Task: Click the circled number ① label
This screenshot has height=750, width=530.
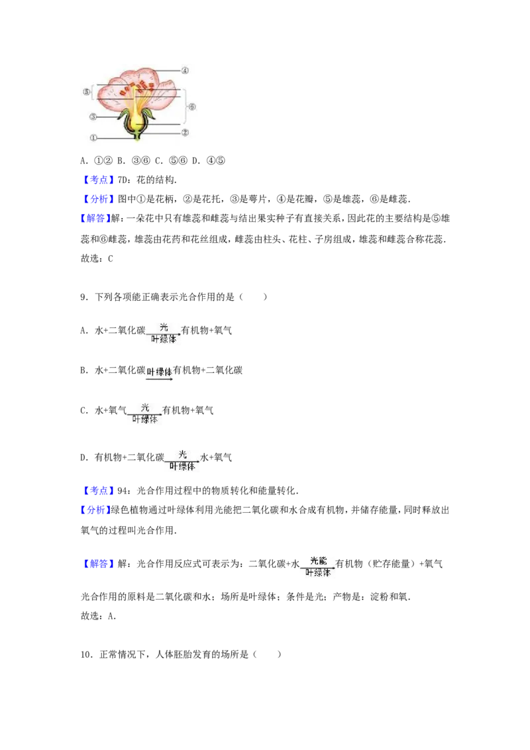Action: point(93,138)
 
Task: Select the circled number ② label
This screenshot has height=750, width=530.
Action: point(185,133)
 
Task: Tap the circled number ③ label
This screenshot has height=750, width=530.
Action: point(93,117)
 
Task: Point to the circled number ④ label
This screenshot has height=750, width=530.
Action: point(185,70)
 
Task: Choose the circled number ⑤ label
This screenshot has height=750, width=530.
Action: point(86,92)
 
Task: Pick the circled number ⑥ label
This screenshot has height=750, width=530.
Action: point(192,106)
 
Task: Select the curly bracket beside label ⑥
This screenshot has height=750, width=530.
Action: point(185,106)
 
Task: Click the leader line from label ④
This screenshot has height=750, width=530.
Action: point(166,70)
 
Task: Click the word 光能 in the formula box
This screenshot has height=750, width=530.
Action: point(318,561)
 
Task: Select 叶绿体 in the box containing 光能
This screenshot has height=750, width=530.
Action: point(318,574)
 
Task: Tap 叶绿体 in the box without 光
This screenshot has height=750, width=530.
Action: point(159,372)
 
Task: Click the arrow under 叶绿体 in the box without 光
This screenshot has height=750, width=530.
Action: point(159,379)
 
